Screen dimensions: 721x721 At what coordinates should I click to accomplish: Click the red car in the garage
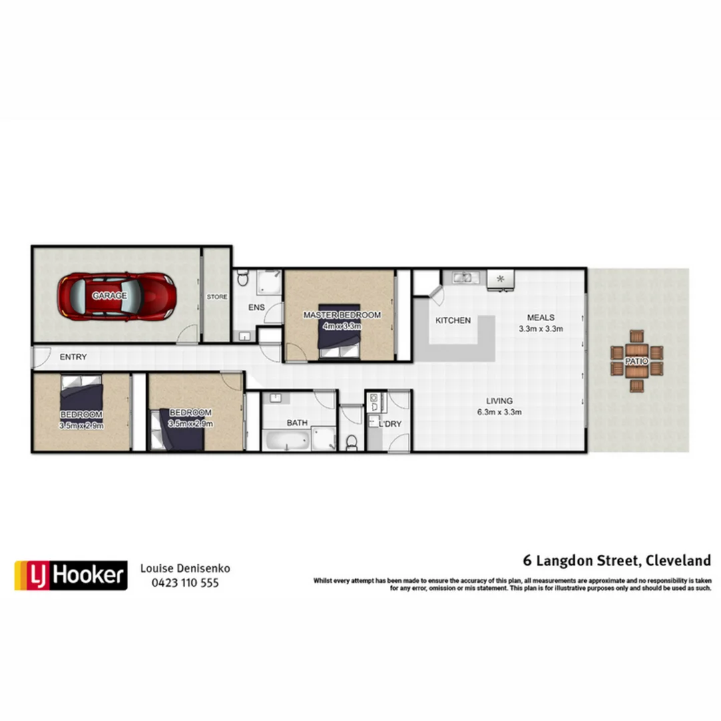(116, 296)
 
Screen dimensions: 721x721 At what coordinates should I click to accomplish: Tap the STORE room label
(216, 296)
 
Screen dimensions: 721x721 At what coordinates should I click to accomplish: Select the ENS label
(256, 307)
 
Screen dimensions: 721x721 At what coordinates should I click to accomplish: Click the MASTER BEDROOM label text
(342, 315)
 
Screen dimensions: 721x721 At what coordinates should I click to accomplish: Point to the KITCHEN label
(453, 320)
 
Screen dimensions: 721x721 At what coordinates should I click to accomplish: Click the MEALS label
(541, 317)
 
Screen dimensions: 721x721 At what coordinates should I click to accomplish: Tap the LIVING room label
(499, 401)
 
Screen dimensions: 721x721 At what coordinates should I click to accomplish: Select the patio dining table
(637, 361)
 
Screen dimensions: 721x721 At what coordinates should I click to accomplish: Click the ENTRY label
(73, 357)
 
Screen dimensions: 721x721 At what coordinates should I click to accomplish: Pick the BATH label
(297, 423)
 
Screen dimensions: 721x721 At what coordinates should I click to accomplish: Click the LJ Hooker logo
(71, 575)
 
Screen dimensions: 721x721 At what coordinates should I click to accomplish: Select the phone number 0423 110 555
(185, 583)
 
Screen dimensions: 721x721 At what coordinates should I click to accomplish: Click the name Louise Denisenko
(185, 568)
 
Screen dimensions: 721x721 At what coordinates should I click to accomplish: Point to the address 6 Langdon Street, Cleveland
(616, 560)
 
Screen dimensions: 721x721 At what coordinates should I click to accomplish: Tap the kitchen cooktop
(499, 278)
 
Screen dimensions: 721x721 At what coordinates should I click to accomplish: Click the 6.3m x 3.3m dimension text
(499, 412)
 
